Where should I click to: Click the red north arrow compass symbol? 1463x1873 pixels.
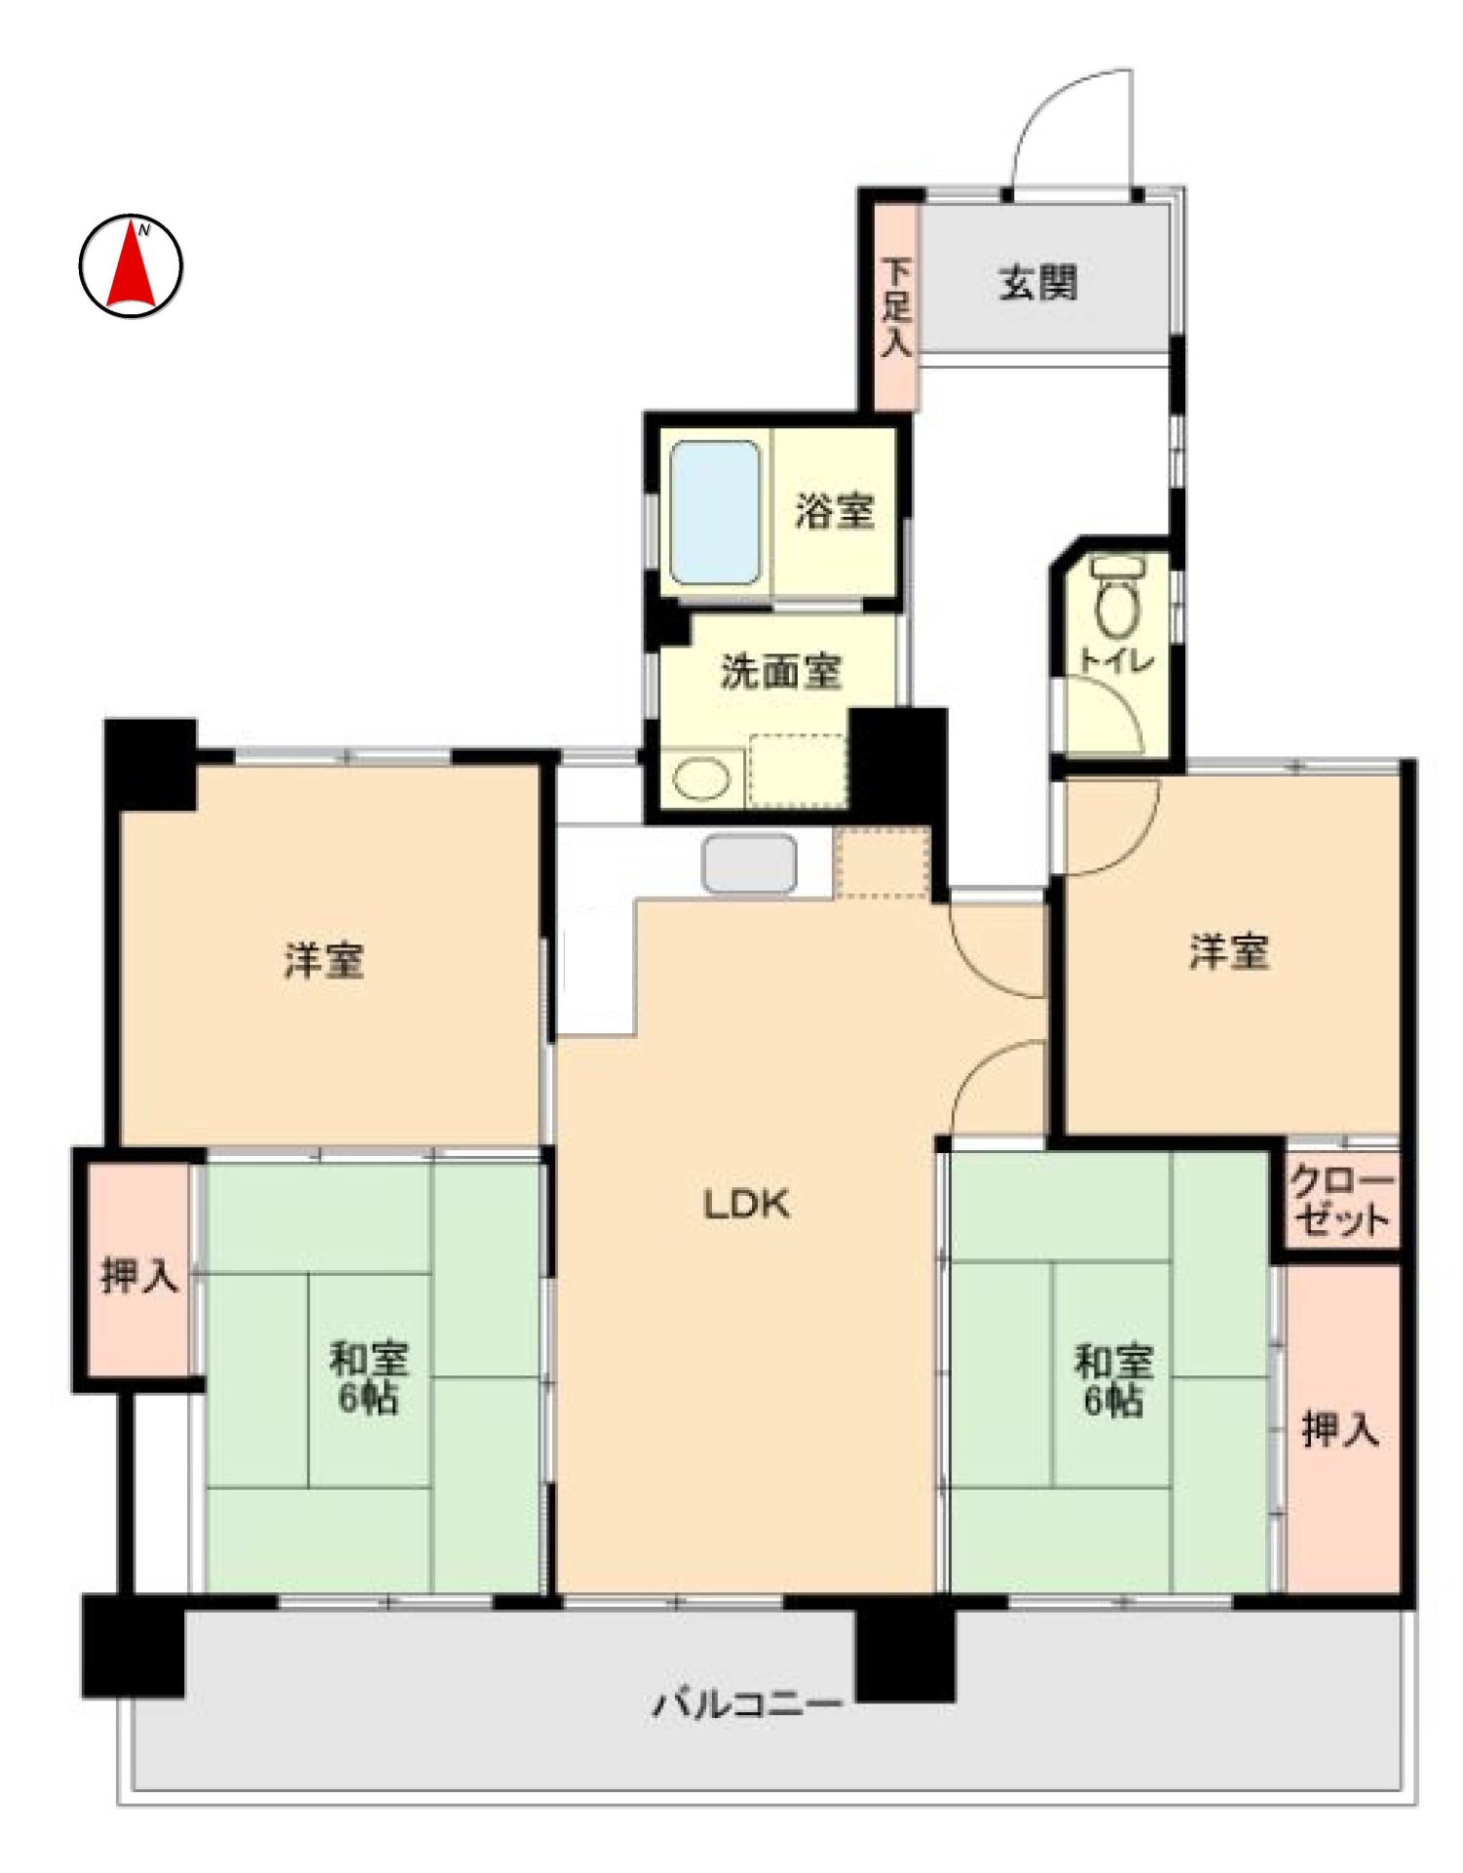(130, 265)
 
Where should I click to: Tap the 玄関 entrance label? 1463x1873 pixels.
(1038, 283)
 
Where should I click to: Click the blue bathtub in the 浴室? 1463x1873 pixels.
(715, 512)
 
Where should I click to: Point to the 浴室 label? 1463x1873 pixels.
(834, 510)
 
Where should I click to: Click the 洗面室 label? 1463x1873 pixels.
(780, 671)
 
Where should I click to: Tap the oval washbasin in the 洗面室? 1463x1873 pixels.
(701, 779)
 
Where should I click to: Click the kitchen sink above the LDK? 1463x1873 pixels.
(749, 863)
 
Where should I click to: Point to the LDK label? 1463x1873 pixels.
(746, 1205)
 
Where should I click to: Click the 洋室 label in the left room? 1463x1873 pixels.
(324, 960)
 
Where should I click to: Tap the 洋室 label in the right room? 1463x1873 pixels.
(1229, 951)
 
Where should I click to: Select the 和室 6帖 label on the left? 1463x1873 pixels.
(368, 1377)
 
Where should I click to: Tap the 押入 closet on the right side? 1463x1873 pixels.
(1341, 1429)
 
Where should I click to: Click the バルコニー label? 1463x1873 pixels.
(746, 1705)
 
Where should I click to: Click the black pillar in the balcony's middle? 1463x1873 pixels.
(904, 1654)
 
